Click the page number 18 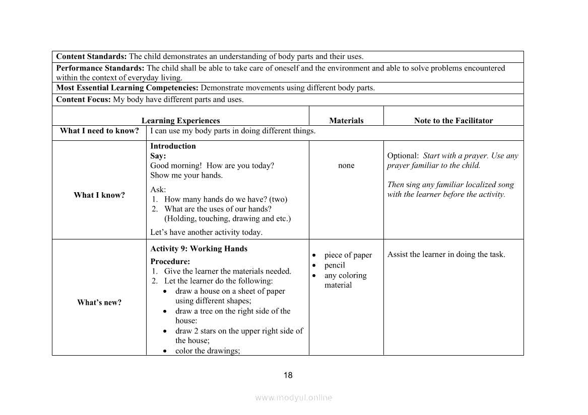(288, 375)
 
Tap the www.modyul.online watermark (294, 397)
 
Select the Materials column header (346, 121)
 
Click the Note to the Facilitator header (453, 121)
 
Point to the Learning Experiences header (180, 121)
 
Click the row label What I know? (99, 195)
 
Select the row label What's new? (99, 302)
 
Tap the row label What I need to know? (99, 131)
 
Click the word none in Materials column (346, 165)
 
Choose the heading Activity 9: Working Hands (199, 248)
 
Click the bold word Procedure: (170, 262)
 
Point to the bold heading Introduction (173, 146)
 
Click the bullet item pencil (335, 265)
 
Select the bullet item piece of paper (348, 255)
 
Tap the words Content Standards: (91, 56)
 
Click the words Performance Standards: (100, 68)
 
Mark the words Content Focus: (83, 100)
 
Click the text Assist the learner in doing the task (446, 255)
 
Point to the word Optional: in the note (403, 156)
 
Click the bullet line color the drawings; (208, 351)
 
